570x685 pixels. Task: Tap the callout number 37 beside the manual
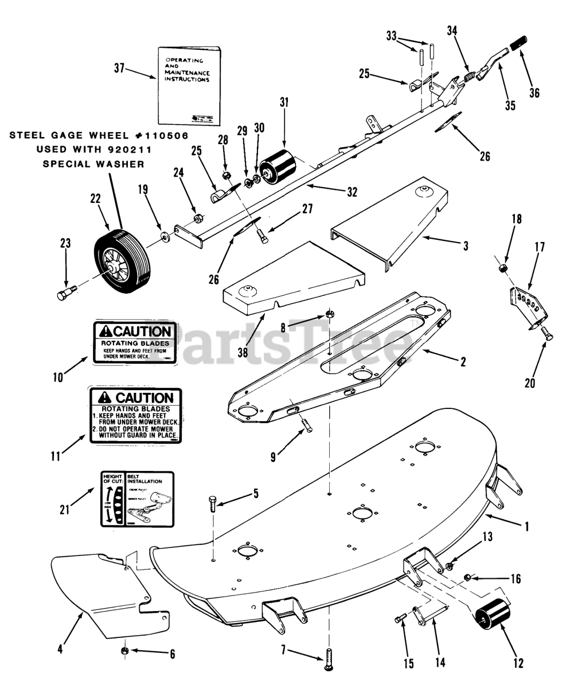(119, 68)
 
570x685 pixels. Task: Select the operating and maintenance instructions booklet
(188, 86)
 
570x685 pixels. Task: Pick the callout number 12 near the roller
(518, 663)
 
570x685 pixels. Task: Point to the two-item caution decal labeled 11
(136, 416)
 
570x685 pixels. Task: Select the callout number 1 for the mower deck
(527, 527)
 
